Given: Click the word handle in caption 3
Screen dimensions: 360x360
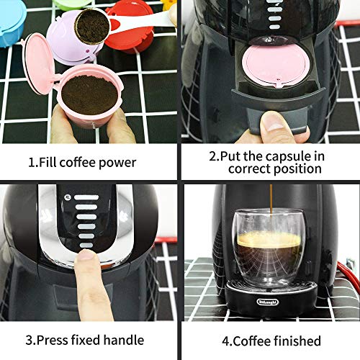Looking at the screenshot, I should [x=129, y=339].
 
